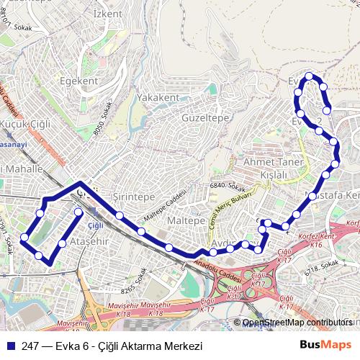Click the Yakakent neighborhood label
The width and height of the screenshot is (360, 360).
point(158,97)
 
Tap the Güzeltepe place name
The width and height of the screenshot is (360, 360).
point(205,117)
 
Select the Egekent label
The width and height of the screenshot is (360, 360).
point(79,81)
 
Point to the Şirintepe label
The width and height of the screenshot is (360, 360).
point(134,197)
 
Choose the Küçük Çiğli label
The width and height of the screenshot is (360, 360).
point(26,124)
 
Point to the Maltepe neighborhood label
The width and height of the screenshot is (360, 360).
point(186,220)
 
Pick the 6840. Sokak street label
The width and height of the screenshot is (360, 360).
point(228,186)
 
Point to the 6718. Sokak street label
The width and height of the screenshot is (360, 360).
point(321,268)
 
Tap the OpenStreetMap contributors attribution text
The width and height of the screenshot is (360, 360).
point(297,323)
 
